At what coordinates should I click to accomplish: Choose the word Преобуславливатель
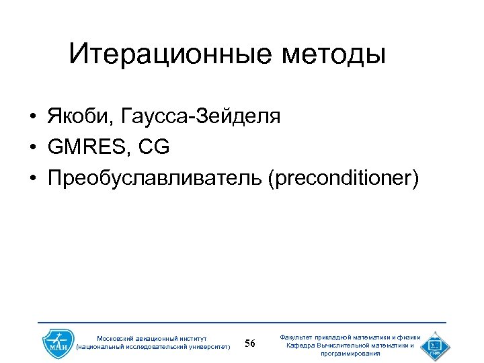coord(154,178)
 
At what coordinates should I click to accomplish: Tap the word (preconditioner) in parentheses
coord(343,178)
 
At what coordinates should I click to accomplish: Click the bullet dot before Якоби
coord(32,117)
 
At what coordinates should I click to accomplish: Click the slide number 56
coord(250,344)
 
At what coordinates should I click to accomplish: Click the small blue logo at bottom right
coord(436,345)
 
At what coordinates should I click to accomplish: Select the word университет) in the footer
coord(204,348)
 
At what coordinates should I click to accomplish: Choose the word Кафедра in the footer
coord(302,346)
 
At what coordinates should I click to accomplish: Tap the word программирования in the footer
coord(350,354)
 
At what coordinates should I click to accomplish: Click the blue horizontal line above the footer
coord(242,323)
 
